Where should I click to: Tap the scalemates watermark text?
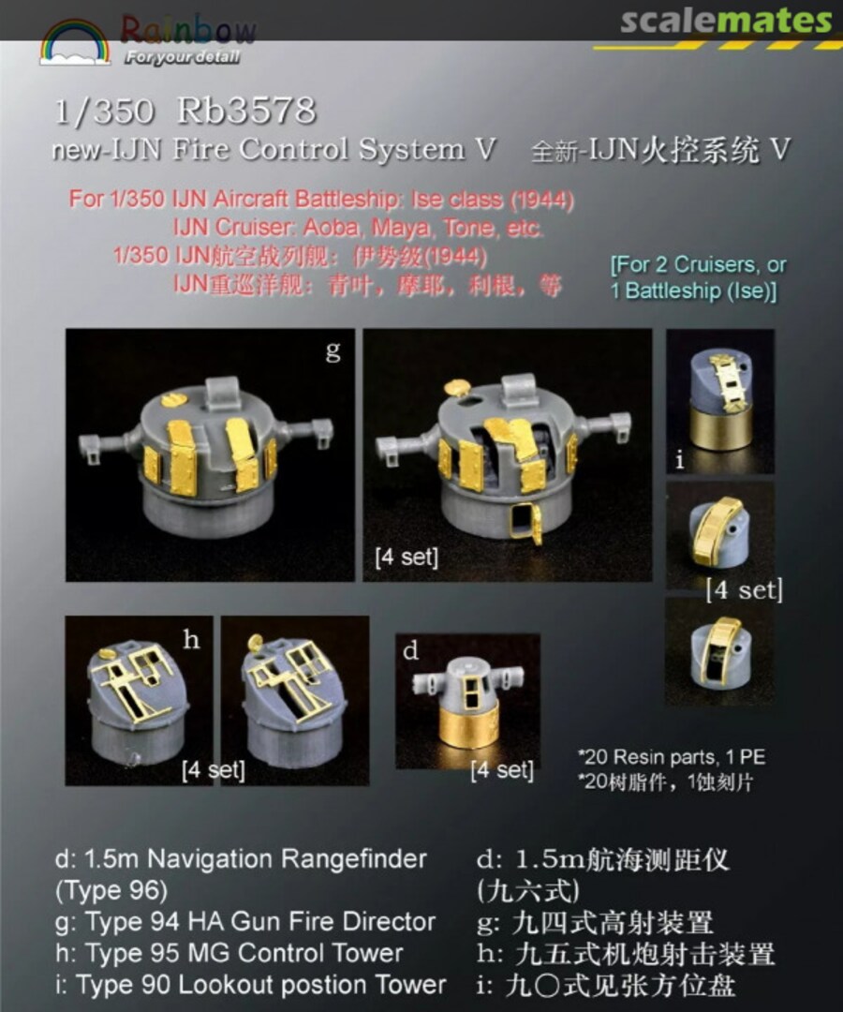[x=726, y=21]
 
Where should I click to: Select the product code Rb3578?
[x=246, y=112]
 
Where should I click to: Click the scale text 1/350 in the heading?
[x=104, y=112]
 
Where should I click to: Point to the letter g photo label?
[x=333, y=351]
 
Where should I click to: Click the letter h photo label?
[x=191, y=639]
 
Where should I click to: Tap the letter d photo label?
[x=410, y=650]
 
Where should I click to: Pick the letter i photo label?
[x=679, y=460]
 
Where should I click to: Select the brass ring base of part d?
[x=468, y=727]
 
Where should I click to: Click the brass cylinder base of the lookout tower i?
[x=719, y=432]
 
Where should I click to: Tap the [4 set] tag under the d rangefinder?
[x=502, y=770]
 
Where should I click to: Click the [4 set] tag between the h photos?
[x=214, y=770]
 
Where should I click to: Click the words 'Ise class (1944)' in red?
[x=492, y=200]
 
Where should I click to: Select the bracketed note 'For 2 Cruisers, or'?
[x=698, y=264]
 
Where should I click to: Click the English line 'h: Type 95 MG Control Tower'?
[x=229, y=953]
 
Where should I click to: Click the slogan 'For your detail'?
[x=183, y=58]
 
